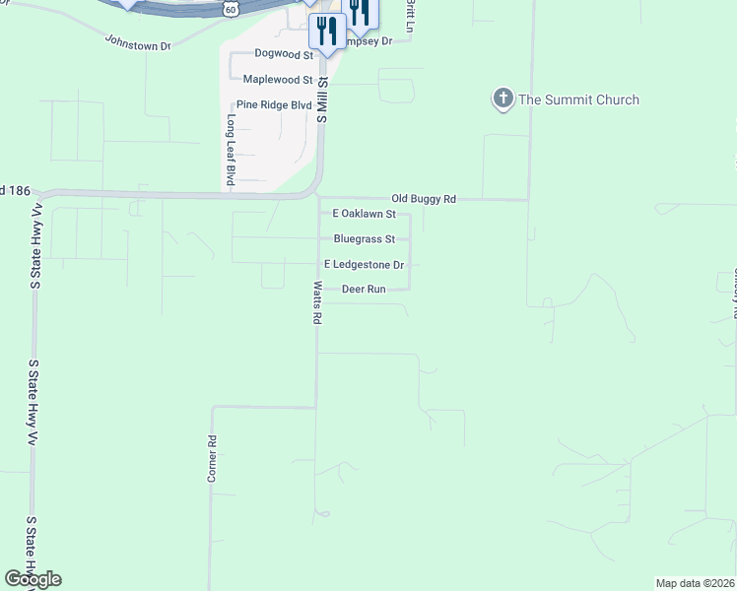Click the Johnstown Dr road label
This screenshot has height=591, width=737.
click(x=137, y=42)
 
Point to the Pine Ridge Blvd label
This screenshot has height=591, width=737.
click(x=274, y=104)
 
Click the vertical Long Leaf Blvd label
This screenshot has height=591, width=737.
click(x=231, y=150)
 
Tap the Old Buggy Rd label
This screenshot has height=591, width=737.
click(x=424, y=199)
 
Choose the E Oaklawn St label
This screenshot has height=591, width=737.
click(x=364, y=214)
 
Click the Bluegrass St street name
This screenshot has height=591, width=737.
click(x=365, y=239)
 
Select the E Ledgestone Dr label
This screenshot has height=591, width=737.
click(x=365, y=265)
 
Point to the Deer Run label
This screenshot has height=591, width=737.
click(x=364, y=290)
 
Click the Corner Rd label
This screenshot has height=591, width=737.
click(x=211, y=459)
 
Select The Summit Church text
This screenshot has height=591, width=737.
click(x=578, y=99)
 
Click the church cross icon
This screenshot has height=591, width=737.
click(x=502, y=98)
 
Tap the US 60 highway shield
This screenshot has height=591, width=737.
click(x=230, y=9)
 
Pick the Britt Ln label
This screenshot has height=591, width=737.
click(x=408, y=14)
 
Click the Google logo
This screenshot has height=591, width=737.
click(x=33, y=579)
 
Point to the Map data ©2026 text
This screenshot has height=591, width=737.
click(x=696, y=583)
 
